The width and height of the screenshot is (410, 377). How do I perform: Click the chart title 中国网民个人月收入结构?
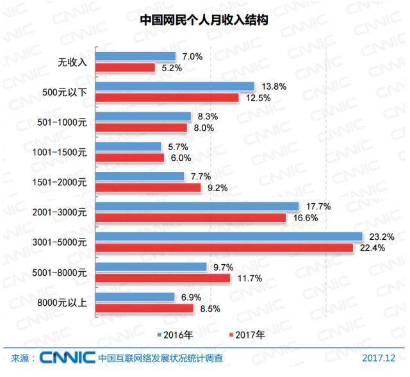click(204, 20)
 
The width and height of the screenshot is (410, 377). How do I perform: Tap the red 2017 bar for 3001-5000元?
click(224, 247)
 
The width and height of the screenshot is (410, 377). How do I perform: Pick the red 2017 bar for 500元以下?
click(167, 97)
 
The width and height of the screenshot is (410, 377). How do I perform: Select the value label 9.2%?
click(217, 188)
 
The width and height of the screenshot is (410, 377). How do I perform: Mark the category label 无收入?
click(72, 62)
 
